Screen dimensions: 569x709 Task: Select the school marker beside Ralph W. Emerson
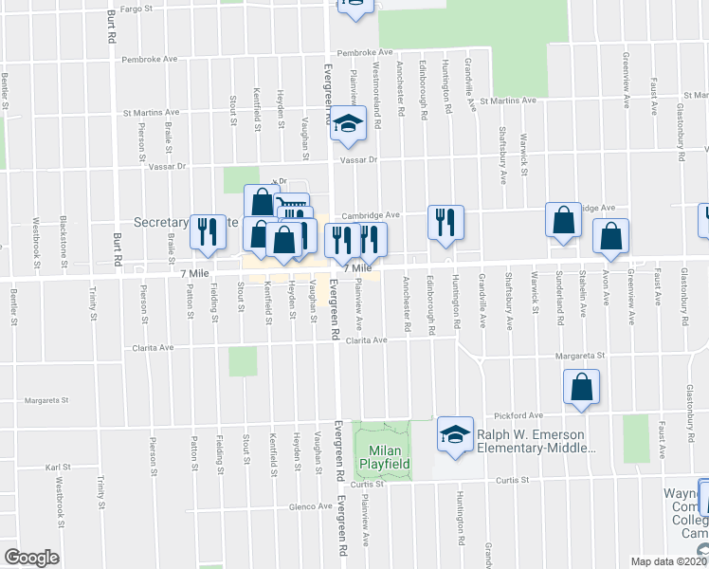click(455, 435)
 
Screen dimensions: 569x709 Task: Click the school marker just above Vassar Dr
click(348, 124)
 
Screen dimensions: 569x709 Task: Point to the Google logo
click(31, 557)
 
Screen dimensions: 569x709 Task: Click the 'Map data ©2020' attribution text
click(669, 561)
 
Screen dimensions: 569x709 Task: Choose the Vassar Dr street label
click(168, 167)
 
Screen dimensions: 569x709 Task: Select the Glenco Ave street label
click(310, 506)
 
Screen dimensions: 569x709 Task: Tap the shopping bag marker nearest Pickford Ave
click(581, 387)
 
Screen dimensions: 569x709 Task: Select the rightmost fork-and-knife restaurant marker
click(445, 223)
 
